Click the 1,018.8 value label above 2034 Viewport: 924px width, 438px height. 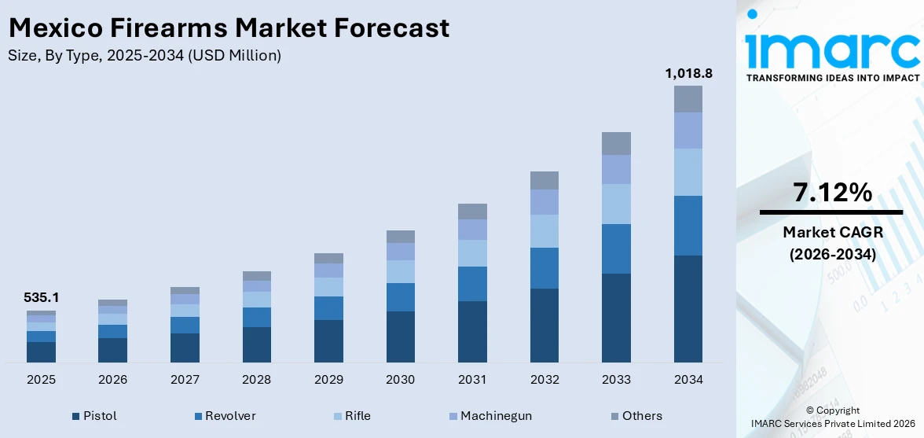(x=687, y=73)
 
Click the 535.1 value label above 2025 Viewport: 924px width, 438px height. (x=41, y=298)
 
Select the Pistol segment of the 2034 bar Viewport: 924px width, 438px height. (x=687, y=308)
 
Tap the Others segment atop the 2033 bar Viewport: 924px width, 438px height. (x=616, y=143)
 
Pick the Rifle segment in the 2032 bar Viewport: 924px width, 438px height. (x=544, y=231)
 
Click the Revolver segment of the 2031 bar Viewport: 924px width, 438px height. (x=472, y=284)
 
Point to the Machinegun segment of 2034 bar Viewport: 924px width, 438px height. (x=687, y=131)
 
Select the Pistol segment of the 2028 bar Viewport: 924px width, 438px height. (x=256, y=344)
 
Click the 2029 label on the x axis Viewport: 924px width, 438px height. (x=328, y=380)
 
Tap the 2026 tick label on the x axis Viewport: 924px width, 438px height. (x=112, y=380)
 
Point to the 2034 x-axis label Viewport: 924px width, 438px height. (x=687, y=380)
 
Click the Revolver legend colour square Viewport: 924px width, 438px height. (x=199, y=416)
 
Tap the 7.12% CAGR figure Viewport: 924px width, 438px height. (x=832, y=193)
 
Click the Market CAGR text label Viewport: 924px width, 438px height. (x=832, y=232)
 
